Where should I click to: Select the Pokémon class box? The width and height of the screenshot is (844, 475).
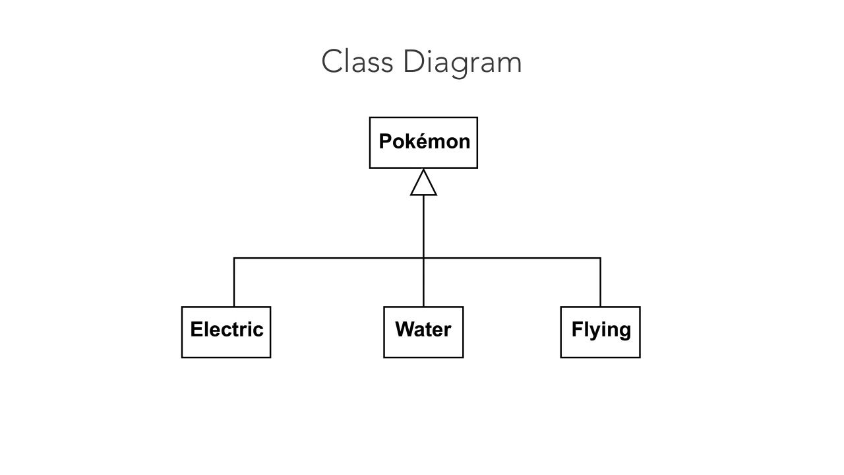(x=423, y=142)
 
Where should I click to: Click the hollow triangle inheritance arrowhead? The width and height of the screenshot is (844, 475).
(x=423, y=184)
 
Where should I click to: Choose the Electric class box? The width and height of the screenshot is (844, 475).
(x=226, y=332)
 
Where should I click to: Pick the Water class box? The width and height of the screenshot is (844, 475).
(x=423, y=332)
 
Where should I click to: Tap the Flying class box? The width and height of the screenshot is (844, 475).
(x=600, y=332)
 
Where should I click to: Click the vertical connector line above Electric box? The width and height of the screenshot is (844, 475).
(x=234, y=282)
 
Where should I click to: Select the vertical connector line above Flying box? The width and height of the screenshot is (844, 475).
(x=600, y=282)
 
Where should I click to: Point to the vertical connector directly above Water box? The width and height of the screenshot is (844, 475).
(x=423, y=282)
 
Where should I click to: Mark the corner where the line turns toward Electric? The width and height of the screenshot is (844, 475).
(x=234, y=258)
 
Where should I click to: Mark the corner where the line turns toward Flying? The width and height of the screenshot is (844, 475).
(x=600, y=258)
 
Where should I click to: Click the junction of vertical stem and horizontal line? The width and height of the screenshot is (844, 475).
(x=423, y=258)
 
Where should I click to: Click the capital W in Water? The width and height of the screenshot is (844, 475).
(x=404, y=329)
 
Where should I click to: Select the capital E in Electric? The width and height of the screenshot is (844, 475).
(x=196, y=329)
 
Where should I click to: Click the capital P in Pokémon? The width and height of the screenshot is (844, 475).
(x=385, y=141)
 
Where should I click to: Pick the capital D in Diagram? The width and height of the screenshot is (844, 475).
(x=411, y=62)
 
